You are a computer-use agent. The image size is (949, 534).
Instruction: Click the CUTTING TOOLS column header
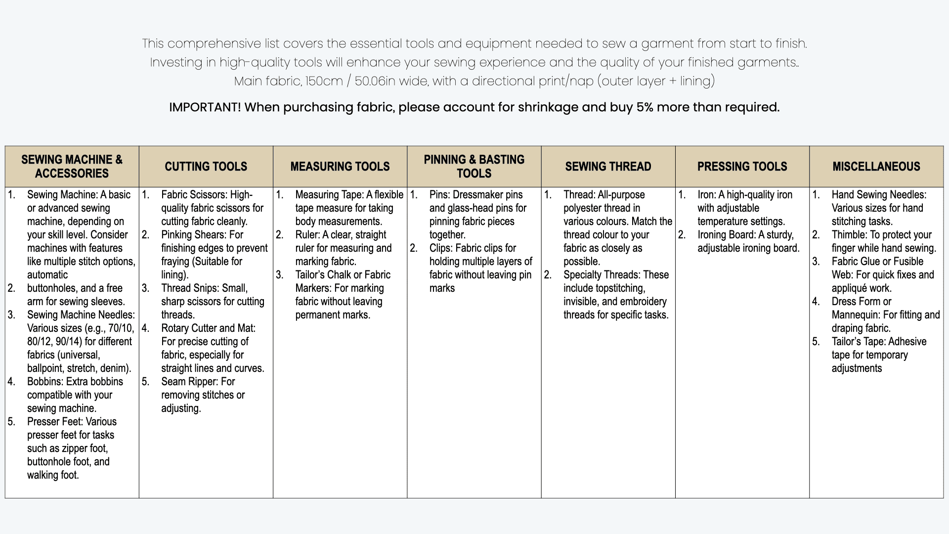tap(206, 167)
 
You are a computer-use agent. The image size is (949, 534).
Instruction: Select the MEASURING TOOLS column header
tap(340, 167)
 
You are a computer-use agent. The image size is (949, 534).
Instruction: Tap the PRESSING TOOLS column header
tap(742, 167)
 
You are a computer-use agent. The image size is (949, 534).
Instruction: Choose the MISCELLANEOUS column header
tap(876, 167)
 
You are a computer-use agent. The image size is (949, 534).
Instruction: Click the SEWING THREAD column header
tap(608, 167)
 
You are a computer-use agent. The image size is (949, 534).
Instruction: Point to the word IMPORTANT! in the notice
tap(205, 107)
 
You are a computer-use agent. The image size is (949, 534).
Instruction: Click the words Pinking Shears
tap(194, 235)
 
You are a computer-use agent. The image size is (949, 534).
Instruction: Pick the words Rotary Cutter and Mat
tap(207, 328)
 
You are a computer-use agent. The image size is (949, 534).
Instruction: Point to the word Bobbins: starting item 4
tap(45, 382)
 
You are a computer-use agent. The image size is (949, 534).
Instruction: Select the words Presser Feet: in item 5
tap(55, 422)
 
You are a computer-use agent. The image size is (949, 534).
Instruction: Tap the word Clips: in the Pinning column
tap(443, 248)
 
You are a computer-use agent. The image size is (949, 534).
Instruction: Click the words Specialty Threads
tap(601, 275)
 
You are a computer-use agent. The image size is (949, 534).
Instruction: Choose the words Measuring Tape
tap(329, 195)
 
